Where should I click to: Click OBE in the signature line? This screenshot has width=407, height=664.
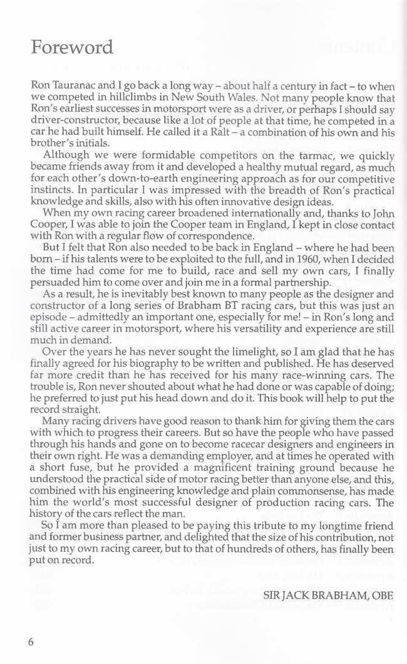[x=381, y=594]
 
